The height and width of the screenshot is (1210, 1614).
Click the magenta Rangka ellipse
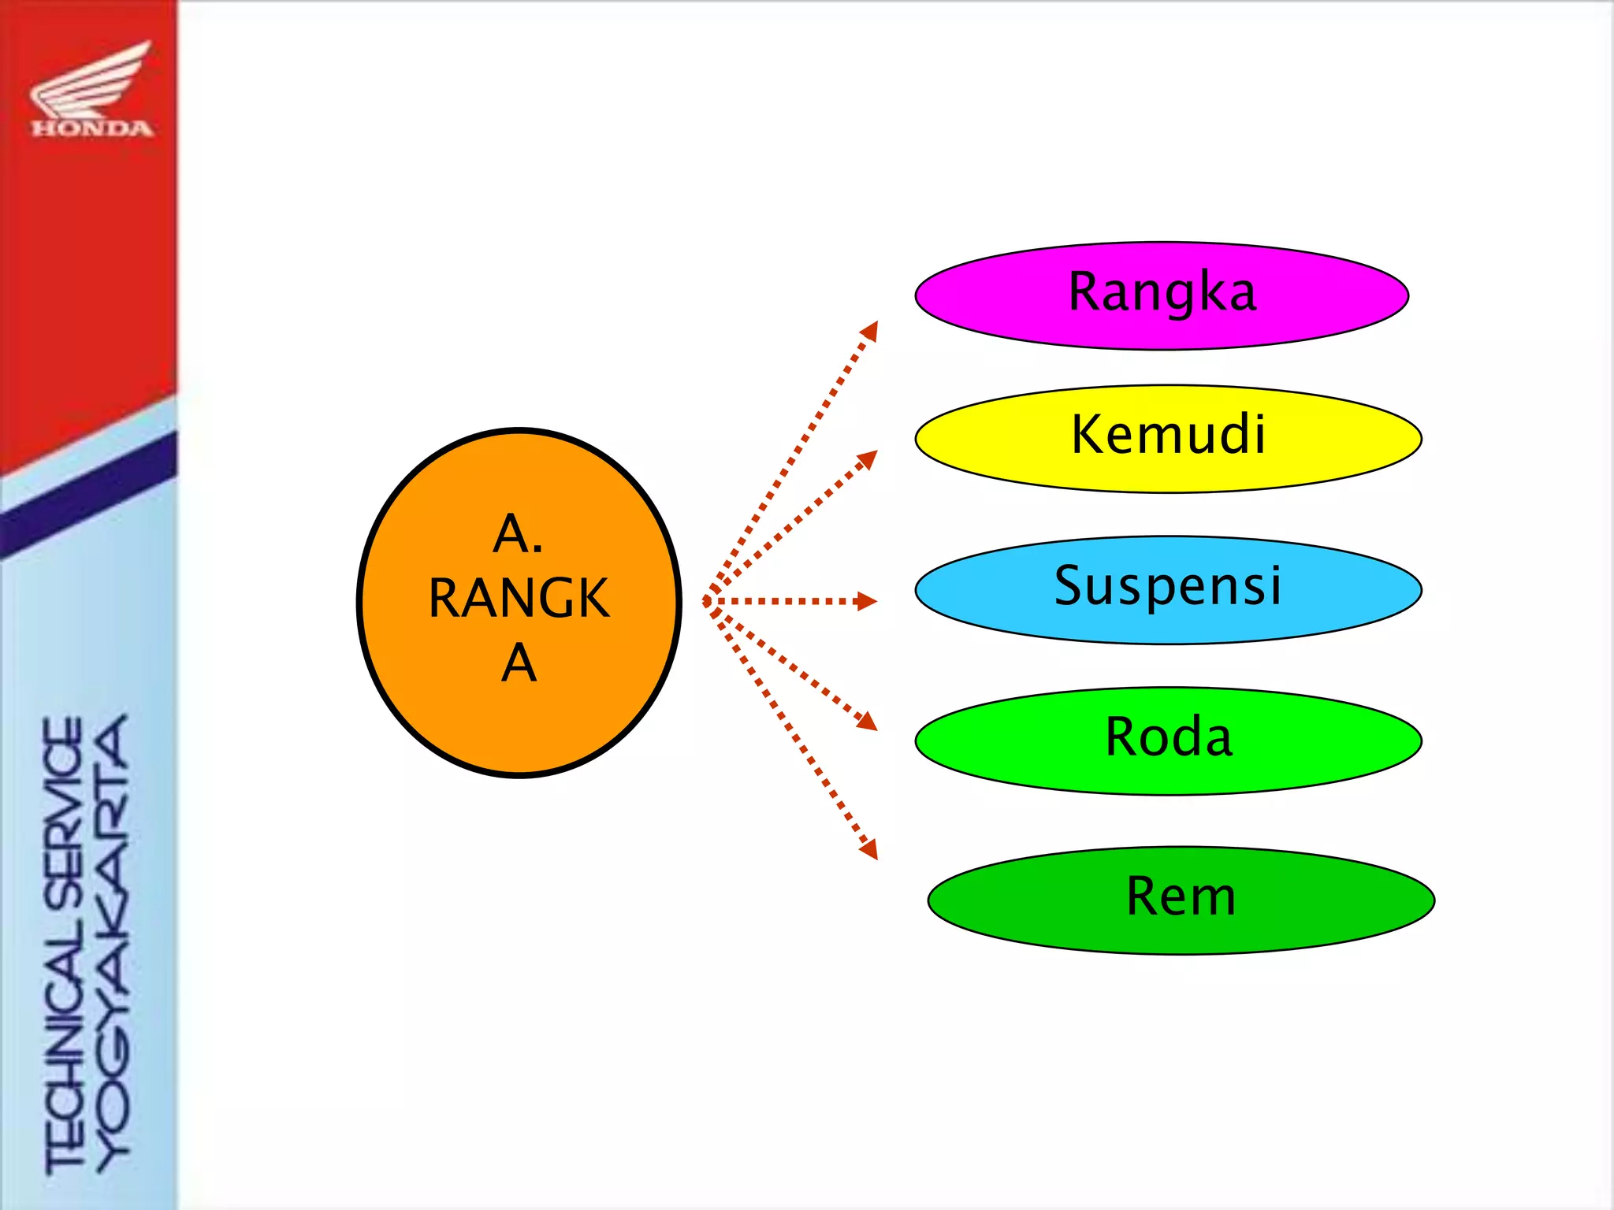coord(1161,296)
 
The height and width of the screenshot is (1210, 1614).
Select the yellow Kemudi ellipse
coord(1168,439)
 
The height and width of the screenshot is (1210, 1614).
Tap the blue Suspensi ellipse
coord(1168,590)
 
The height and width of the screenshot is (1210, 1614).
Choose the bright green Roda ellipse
coord(1168,741)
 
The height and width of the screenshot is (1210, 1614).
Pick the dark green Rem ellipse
coord(1181,900)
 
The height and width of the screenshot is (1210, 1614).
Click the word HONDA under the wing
coord(92,128)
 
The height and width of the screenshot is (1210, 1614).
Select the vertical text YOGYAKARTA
coord(113,941)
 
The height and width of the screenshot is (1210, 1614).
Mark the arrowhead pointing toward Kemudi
coord(868,458)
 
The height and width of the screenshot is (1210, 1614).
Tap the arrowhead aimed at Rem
coord(869,850)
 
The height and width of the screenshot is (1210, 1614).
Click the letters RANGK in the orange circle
coord(519,599)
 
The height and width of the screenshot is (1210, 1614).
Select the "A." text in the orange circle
coord(518,534)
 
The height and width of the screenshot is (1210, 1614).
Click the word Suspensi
coord(1168,585)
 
